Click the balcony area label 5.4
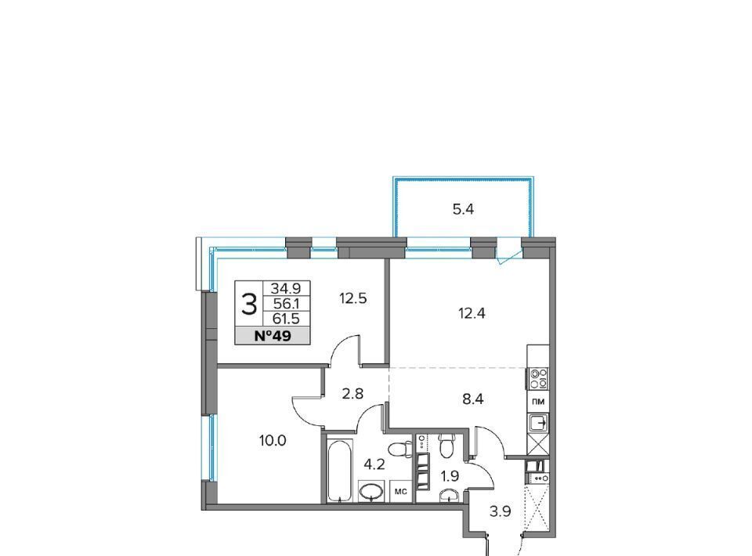click(463, 209)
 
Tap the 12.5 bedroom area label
click(353, 298)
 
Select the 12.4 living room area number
click(472, 313)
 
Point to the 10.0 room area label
click(273, 440)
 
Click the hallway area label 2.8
click(352, 394)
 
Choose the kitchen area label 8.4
click(472, 399)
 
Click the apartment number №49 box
click(273, 336)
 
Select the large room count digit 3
click(249, 305)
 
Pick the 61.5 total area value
click(287, 319)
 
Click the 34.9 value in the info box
click(287, 288)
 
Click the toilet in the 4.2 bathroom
click(399, 450)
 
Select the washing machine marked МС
click(401, 491)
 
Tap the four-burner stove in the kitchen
click(537, 378)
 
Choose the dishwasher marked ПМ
click(538, 402)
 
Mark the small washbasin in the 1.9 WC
click(449, 495)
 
